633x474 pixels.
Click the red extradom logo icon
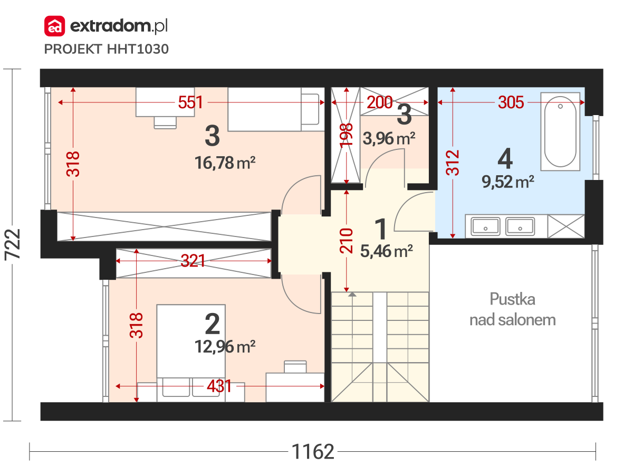(54, 26)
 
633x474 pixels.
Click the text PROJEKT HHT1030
(107, 49)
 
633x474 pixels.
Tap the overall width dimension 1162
(313, 451)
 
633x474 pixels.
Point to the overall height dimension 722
(13, 244)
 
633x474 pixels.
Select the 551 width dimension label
(190, 102)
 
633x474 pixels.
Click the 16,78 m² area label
(225, 163)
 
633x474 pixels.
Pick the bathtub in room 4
(560, 131)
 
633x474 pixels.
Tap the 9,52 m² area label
(508, 182)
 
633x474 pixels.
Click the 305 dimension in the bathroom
(511, 102)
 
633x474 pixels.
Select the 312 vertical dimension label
(453, 163)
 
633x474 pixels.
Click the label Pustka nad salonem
(512, 309)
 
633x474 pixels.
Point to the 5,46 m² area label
(387, 251)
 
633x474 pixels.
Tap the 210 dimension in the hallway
(347, 241)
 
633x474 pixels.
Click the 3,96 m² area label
(389, 139)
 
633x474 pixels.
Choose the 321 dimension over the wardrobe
(193, 261)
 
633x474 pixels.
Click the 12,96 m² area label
(225, 346)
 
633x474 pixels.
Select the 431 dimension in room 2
(219, 386)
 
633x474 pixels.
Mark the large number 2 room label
(213, 324)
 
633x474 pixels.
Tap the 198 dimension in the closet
(347, 136)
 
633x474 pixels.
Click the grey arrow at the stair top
(352, 295)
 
